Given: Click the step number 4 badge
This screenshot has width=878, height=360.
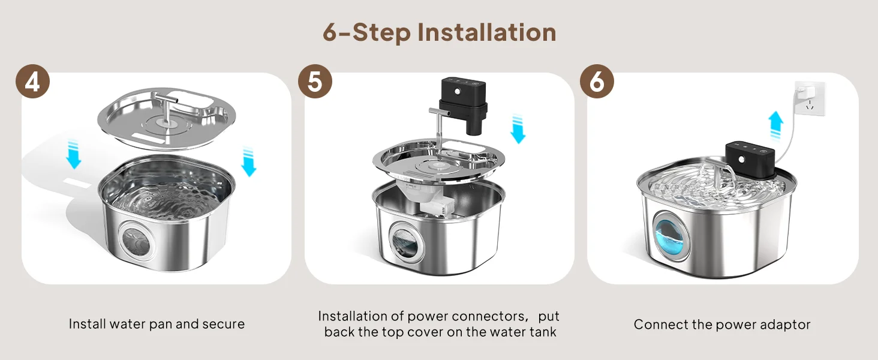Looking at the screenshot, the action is tap(32, 81).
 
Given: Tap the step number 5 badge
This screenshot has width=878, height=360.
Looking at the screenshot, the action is tap(315, 81).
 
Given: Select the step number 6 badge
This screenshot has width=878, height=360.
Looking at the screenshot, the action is tap(597, 81).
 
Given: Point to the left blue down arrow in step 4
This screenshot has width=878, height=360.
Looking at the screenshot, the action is tap(73, 154).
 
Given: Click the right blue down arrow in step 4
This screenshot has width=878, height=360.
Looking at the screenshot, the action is tap(248, 161).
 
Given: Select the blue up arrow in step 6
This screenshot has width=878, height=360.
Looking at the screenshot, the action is tap(775, 125).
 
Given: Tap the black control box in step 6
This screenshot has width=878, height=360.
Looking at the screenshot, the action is tap(750, 161).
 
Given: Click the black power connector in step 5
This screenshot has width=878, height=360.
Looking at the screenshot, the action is tap(464, 105).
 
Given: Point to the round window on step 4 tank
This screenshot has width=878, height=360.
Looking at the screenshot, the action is tap(136, 241).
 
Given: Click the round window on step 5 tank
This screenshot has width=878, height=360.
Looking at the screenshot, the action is tap(404, 240).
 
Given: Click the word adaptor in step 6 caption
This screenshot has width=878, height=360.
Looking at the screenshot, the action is tap(785, 325).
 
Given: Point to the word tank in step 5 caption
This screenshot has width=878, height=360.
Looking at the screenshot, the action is tap(543, 332).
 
